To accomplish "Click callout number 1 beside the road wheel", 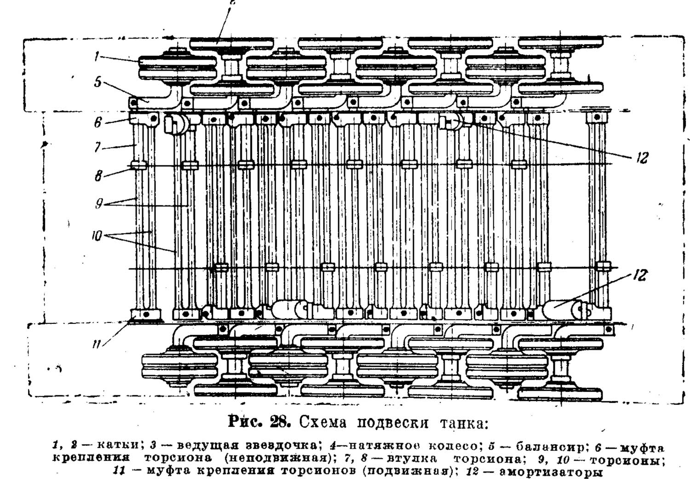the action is [x=97, y=57].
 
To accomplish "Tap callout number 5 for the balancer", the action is [x=98, y=82].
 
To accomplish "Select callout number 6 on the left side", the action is [x=98, y=123].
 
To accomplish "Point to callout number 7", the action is [x=98, y=147].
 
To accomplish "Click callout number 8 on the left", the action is [x=98, y=176].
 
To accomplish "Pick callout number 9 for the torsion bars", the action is [x=99, y=204].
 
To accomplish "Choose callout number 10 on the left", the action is [x=97, y=236].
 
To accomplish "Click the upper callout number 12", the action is [x=642, y=158].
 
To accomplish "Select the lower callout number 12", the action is [x=640, y=275].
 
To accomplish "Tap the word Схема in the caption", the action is [x=322, y=422].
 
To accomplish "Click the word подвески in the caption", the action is [x=392, y=423].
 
